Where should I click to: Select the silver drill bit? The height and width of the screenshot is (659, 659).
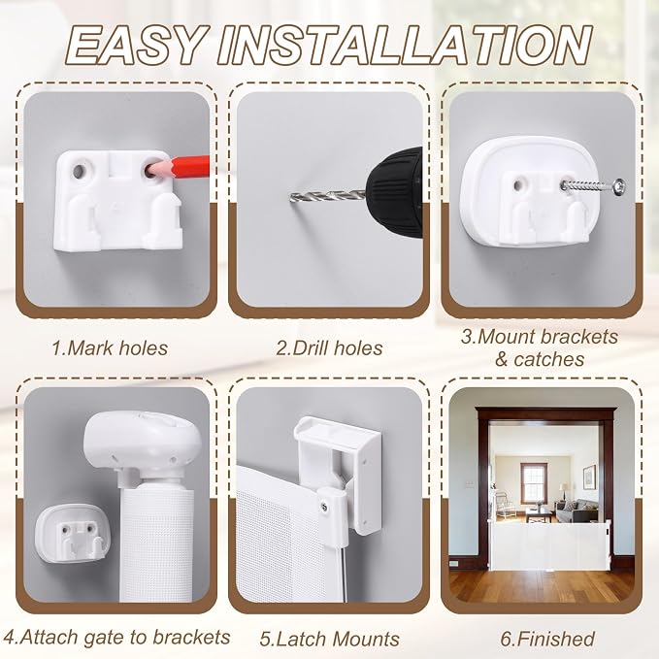[x=327, y=195]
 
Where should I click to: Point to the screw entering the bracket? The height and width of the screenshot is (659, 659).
[x=593, y=185]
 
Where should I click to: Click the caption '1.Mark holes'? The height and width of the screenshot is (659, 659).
[x=110, y=348]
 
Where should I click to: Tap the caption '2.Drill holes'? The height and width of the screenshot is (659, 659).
[x=329, y=348]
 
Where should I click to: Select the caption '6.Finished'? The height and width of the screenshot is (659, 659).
[x=547, y=639]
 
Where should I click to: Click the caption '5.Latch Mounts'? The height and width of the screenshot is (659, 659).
[x=329, y=639]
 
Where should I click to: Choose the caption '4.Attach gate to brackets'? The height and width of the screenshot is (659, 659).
[x=116, y=638]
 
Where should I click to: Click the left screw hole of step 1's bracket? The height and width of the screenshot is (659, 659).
[x=79, y=171]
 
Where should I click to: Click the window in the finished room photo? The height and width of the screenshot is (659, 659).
[x=534, y=483]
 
